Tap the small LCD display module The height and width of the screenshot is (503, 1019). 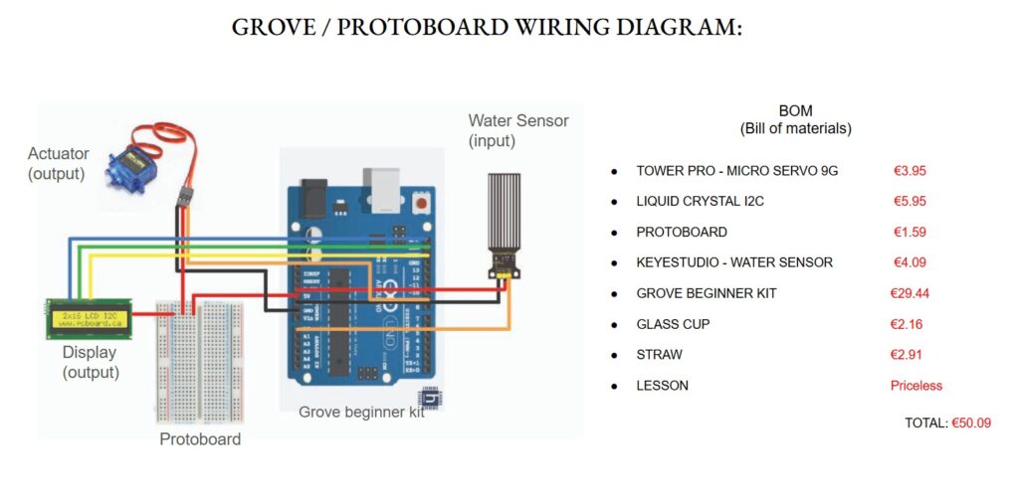(89, 320)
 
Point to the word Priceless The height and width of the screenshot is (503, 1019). (916, 386)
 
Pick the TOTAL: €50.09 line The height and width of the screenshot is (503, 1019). (947, 423)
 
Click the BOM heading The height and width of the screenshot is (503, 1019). (795, 112)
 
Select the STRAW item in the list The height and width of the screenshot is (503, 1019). (659, 355)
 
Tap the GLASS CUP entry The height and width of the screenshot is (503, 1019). (673, 324)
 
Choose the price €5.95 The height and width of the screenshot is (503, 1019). (910, 201)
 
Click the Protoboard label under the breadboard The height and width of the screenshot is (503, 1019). (200, 439)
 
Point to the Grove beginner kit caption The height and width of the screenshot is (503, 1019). (360, 412)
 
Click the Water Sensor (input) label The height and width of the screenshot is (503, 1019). (518, 130)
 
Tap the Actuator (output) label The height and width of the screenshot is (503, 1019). (58, 164)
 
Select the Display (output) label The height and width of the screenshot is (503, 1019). (90, 363)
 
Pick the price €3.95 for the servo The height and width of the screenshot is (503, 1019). (910, 171)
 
